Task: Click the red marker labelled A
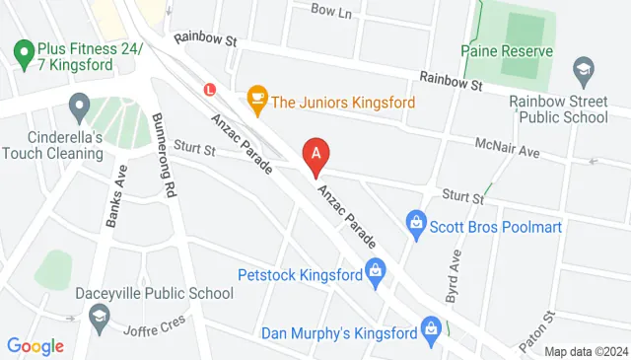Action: (315, 154)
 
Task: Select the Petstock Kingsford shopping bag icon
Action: (375, 269)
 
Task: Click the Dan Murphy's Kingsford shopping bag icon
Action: (430, 326)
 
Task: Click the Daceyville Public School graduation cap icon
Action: (99, 316)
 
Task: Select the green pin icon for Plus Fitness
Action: (21, 51)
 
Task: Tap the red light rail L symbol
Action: (209, 88)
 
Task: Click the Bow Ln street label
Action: (330, 11)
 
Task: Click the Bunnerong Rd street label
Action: (165, 156)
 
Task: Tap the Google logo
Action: (35, 345)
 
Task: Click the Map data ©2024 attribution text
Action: (586, 352)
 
